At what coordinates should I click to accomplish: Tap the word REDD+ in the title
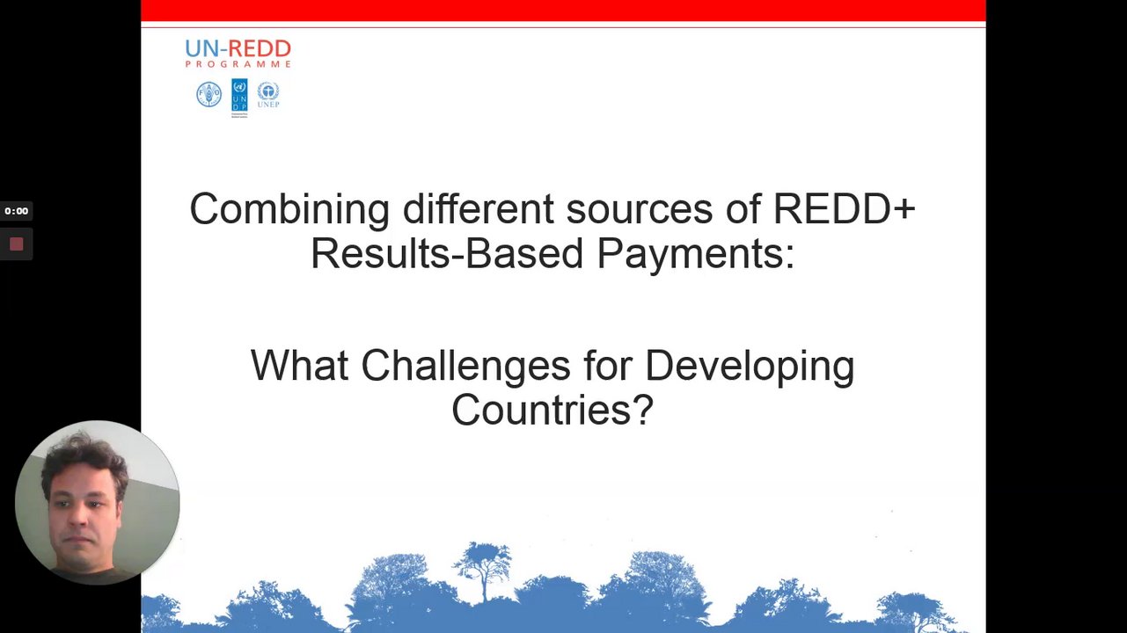point(845,208)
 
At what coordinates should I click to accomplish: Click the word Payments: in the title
point(696,255)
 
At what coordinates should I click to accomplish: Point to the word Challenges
point(466,367)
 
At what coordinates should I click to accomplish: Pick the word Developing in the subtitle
point(750,367)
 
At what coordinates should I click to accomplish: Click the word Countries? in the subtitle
point(553,410)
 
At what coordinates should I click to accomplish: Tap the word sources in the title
point(640,210)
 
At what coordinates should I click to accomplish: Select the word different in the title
point(479,208)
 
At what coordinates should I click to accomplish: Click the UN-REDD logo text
point(238,48)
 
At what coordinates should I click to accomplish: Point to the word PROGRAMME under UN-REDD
point(238,64)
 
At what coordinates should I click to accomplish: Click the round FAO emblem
point(209,95)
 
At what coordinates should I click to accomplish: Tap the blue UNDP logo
point(239,95)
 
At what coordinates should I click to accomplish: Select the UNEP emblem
point(268,95)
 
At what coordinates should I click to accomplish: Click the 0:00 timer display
point(17,211)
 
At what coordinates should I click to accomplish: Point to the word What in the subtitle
point(300,365)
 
